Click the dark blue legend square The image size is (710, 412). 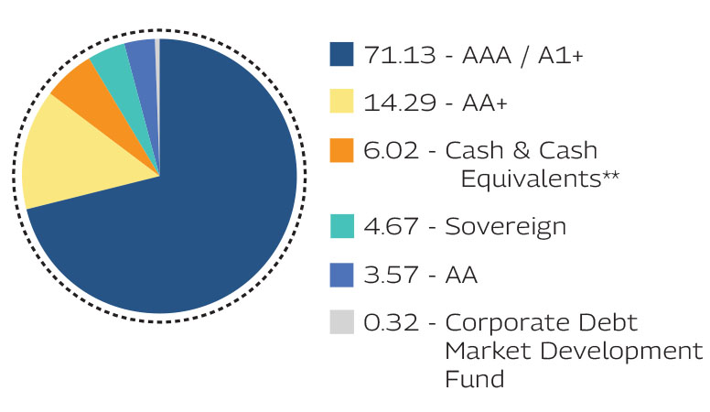tap(340, 55)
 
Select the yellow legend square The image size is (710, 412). tap(340, 103)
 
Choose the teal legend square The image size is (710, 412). tap(340, 225)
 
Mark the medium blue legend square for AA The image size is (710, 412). tap(340, 274)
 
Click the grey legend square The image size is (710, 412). tap(340, 322)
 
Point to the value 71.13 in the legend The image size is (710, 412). tap(392, 56)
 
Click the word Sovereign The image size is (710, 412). tap(505, 226)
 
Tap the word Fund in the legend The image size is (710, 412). tap(475, 378)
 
